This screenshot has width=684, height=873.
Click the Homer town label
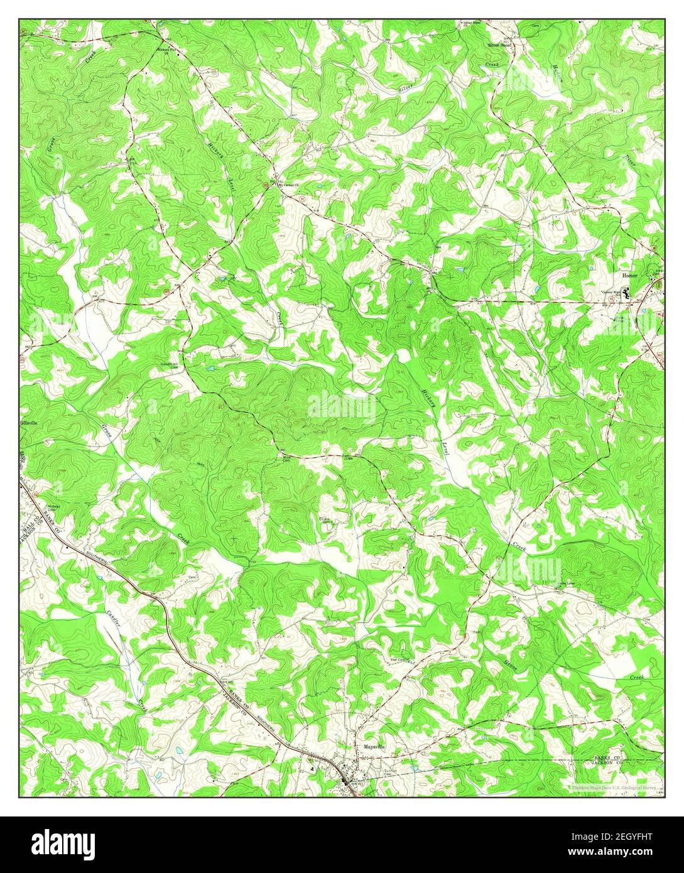pyautogui.click(x=629, y=275)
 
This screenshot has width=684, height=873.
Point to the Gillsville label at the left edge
pyautogui.click(x=29, y=423)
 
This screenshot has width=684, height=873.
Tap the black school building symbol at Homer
pyautogui.click(x=626, y=291)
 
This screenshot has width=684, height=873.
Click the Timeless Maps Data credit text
pyautogui.click(x=613, y=786)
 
